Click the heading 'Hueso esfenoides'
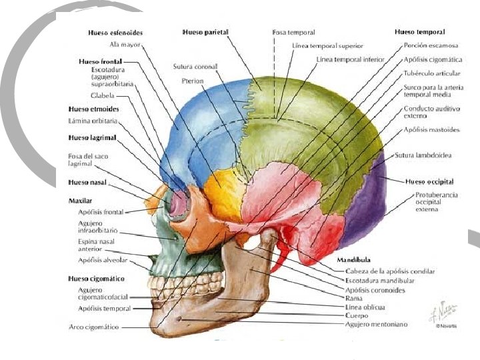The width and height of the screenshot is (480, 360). pyautogui.click(x=115, y=32)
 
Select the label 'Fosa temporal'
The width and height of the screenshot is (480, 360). pyautogui.click(x=293, y=32)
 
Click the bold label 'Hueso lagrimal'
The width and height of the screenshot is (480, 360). pyautogui.click(x=92, y=137)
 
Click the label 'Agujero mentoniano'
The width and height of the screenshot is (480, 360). pyautogui.click(x=377, y=324)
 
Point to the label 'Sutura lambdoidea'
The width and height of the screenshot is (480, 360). pyautogui.click(x=423, y=155)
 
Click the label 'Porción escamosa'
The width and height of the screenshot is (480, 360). pyautogui.click(x=431, y=46)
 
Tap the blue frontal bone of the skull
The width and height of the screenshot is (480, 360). pyautogui.click(x=200, y=127)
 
